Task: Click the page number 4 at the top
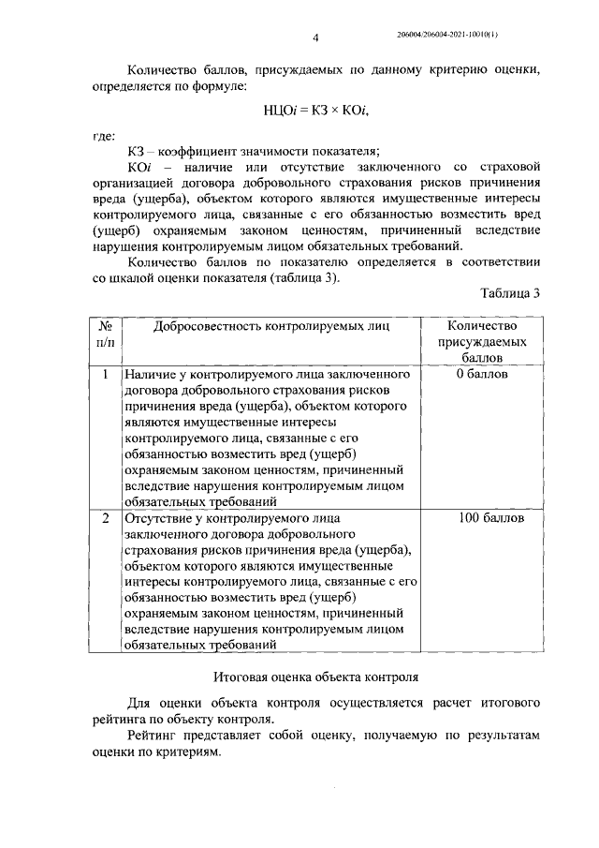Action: [316, 37]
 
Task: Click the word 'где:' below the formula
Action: [104, 136]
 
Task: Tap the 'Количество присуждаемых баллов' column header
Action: [483, 342]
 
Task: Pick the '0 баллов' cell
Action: [483, 375]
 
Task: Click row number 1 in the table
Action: [106, 375]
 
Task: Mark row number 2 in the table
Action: [106, 518]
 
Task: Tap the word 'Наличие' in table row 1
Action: [148, 375]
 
